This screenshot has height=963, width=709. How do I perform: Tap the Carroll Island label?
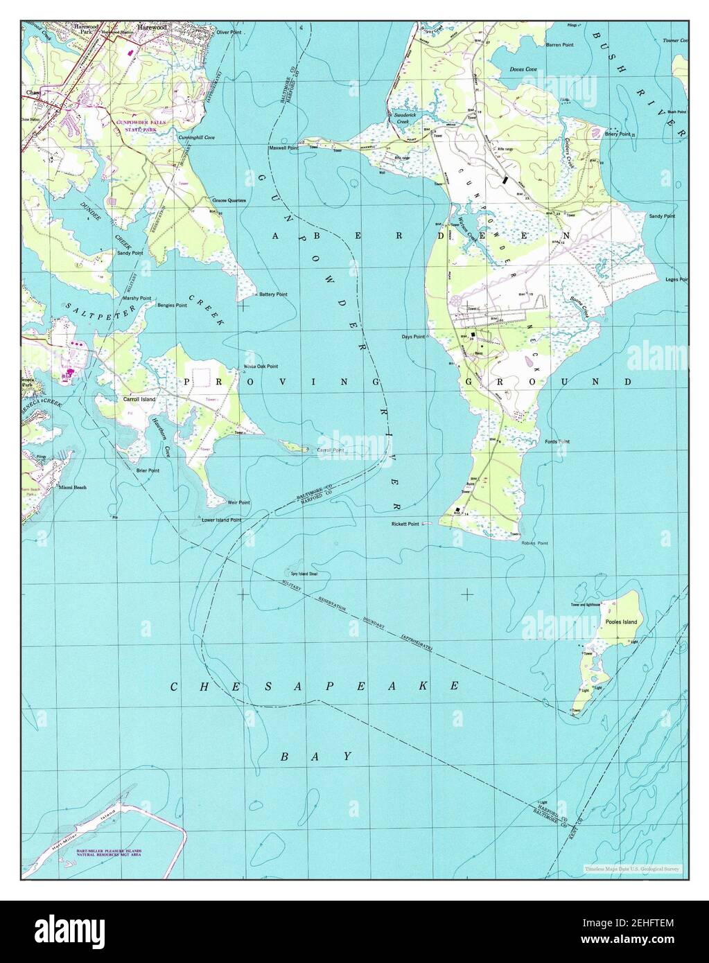coord(139,400)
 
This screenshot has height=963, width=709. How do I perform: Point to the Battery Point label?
coord(273,294)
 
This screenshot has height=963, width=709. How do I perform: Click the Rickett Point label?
coord(405,524)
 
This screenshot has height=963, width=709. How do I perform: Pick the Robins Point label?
coord(535,543)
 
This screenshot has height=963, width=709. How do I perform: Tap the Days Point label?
coord(413,337)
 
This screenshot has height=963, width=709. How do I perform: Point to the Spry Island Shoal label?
coord(304,574)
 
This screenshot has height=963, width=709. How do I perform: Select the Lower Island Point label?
coord(221,520)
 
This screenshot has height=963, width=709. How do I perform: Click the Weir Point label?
coord(238,502)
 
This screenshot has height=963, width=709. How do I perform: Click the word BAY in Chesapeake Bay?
coord(317,757)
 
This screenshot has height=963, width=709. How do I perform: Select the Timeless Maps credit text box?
coord(632,869)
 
